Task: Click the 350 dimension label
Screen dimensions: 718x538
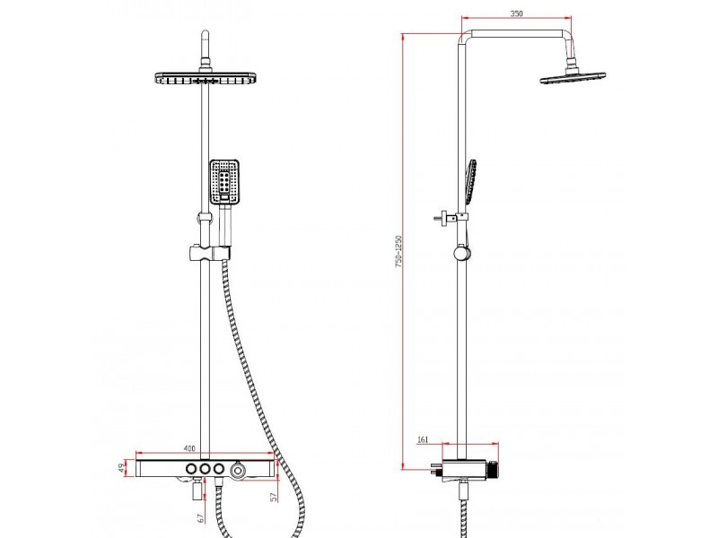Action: click(x=516, y=13)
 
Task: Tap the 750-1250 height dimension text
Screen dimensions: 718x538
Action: click(x=398, y=251)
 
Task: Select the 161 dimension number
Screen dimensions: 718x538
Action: click(x=423, y=439)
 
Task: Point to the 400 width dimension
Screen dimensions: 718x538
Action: click(x=189, y=447)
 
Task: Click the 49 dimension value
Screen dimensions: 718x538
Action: click(x=122, y=468)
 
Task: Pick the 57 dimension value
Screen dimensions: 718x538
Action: click(x=274, y=497)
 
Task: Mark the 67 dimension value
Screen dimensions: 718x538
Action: click(x=200, y=518)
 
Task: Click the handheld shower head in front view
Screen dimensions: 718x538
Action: click(x=224, y=182)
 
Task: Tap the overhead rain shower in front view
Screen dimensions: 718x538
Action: click(x=205, y=78)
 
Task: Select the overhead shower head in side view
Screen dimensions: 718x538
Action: click(x=573, y=78)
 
